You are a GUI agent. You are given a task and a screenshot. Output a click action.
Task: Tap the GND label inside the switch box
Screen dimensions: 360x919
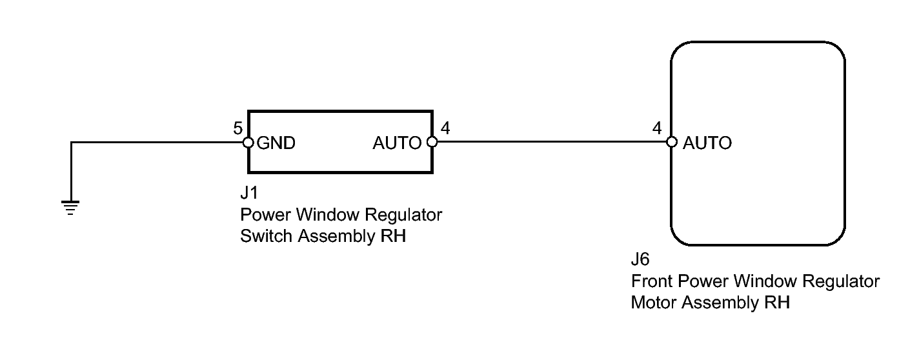coord(276,143)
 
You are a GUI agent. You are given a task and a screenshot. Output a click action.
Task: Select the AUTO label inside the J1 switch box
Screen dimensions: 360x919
coord(397,143)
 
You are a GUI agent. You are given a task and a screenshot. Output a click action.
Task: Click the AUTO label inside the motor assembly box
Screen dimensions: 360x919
coord(707,143)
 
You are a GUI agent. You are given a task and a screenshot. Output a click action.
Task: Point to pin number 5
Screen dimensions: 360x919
coord(238,128)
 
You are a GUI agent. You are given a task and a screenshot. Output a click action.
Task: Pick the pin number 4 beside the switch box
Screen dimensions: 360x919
coord(445,128)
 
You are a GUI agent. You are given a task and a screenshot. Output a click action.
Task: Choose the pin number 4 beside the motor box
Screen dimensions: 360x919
coord(658,128)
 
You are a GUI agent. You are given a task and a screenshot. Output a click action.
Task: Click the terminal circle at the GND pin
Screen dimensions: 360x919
coord(248,143)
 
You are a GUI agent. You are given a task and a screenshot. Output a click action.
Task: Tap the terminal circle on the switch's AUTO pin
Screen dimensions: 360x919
coord(432,143)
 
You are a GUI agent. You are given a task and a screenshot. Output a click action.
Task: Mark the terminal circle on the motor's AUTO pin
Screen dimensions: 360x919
coord(671,143)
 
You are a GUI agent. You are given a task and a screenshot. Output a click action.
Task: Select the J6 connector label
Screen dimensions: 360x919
coord(640,261)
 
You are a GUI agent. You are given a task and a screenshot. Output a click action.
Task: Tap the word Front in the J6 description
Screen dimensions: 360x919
coord(649,282)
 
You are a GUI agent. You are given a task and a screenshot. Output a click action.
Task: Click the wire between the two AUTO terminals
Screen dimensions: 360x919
coord(552,143)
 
